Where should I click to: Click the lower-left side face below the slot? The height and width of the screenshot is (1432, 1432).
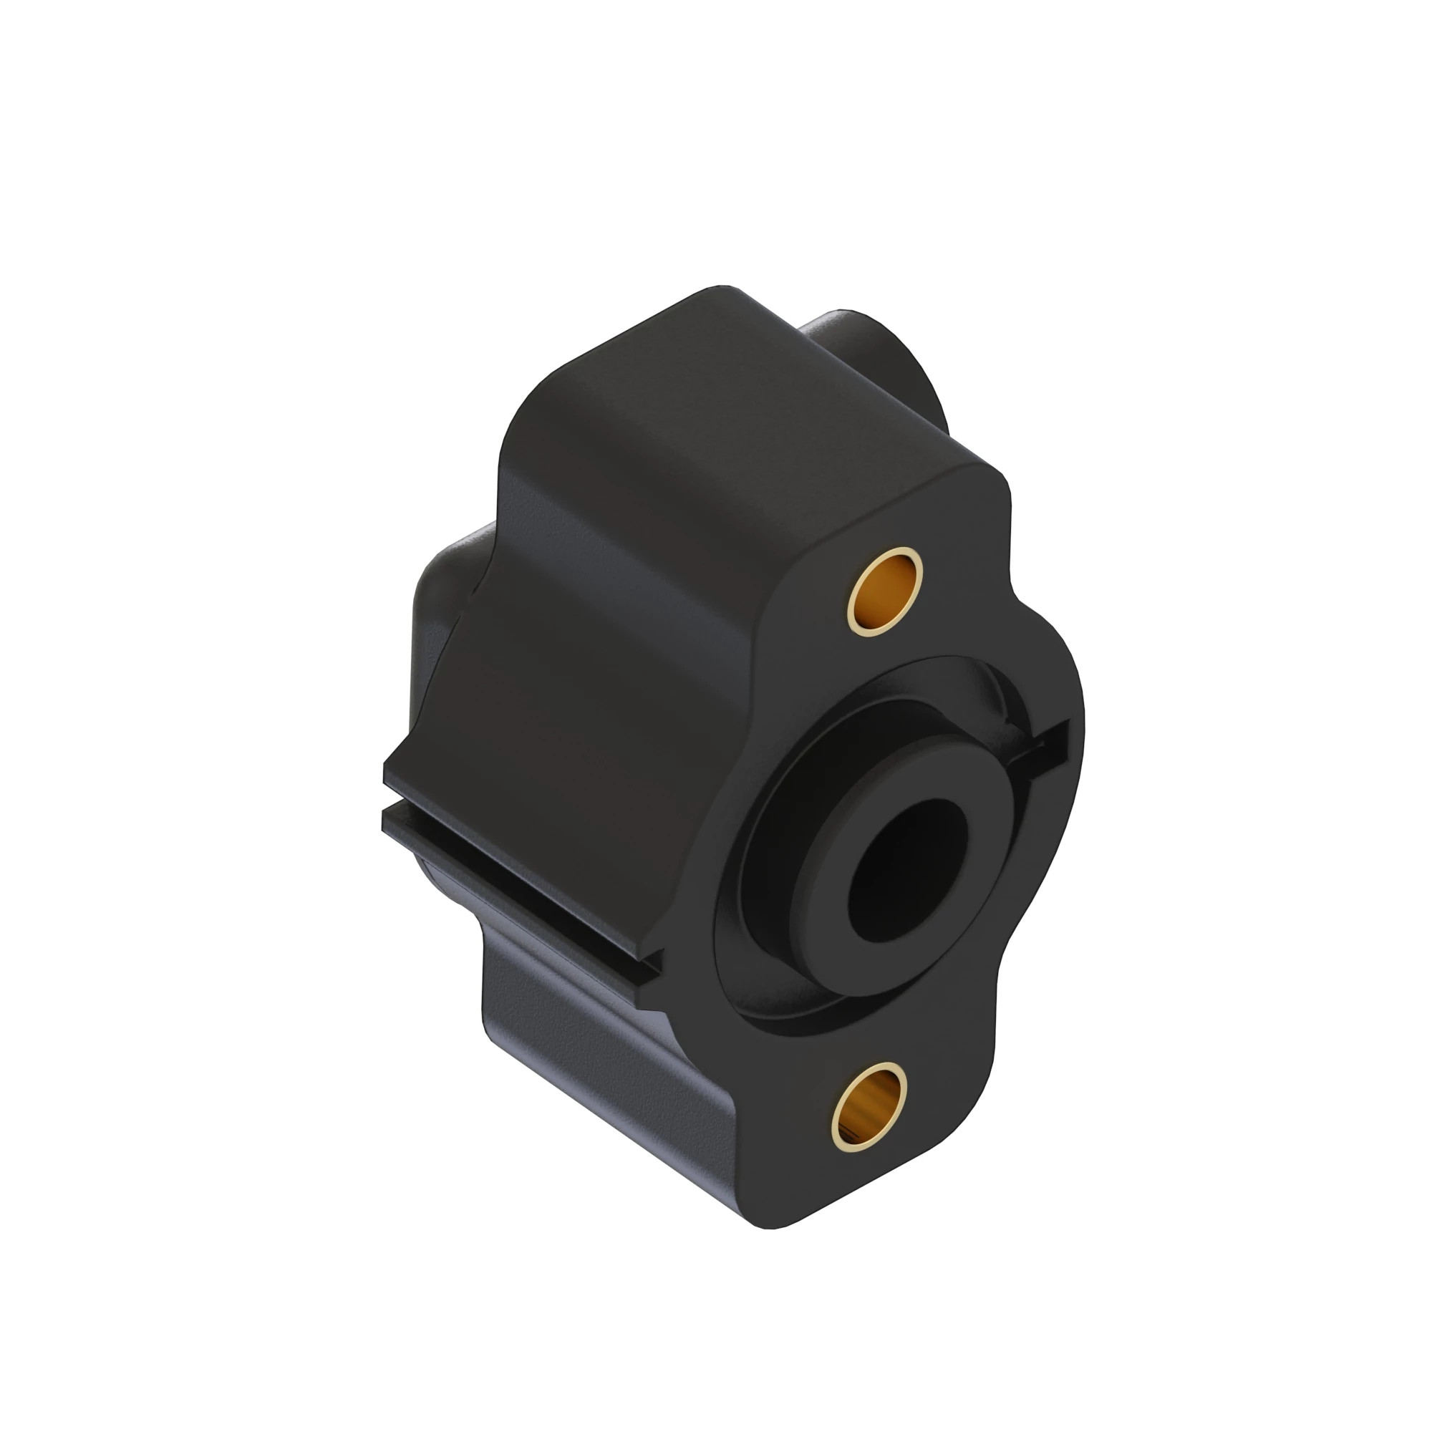(x=593, y=1053)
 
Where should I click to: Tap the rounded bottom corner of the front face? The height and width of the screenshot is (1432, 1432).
(x=785, y=1216)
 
